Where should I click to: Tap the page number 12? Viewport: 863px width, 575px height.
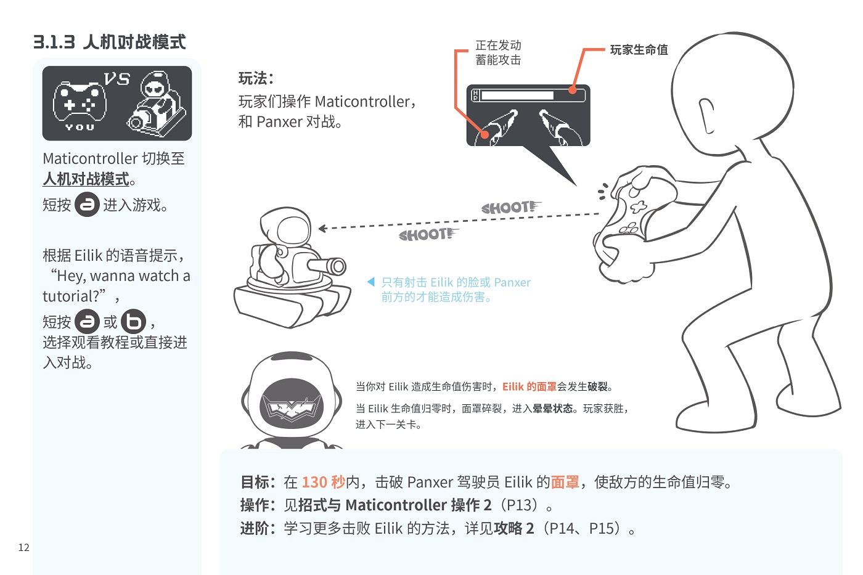[x=24, y=547]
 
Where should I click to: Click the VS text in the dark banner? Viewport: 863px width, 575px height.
[x=117, y=79]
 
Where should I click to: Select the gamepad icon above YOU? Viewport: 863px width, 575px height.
[x=80, y=102]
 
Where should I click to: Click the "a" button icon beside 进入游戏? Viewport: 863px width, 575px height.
[x=87, y=204]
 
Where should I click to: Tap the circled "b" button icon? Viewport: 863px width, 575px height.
[x=133, y=321]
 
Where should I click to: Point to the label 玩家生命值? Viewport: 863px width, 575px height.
[x=639, y=50]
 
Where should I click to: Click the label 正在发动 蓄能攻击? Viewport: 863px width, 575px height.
[x=498, y=52]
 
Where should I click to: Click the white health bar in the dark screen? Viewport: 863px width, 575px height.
[x=517, y=95]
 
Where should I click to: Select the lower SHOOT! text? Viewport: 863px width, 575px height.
[x=428, y=234]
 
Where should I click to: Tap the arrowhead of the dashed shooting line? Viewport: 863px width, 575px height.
[x=322, y=229]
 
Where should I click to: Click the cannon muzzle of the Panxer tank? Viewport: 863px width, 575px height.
[x=338, y=266]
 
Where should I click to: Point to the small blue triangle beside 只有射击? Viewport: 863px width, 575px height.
[x=371, y=282]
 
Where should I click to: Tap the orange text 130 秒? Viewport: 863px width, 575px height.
[x=323, y=482]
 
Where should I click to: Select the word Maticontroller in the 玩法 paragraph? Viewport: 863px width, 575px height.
[x=362, y=102]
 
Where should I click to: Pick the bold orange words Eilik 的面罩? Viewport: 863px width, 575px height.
[x=530, y=386]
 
